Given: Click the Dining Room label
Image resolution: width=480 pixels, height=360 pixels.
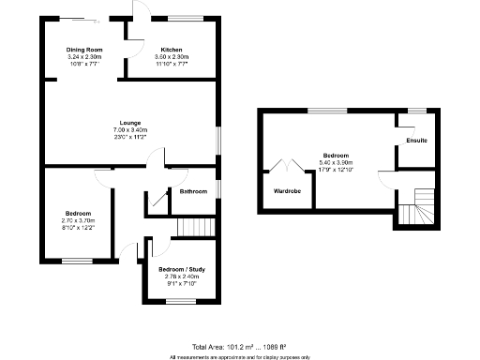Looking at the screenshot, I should [83, 49].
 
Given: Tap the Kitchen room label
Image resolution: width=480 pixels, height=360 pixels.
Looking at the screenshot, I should [171, 49].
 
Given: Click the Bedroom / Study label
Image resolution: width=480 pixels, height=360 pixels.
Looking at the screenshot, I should [181, 269].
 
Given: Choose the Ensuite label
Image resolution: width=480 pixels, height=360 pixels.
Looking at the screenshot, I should [417, 141].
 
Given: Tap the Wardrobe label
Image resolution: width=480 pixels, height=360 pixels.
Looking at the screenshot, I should [287, 190].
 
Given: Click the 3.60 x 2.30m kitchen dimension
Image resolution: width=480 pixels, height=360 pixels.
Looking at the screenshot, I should [171, 56].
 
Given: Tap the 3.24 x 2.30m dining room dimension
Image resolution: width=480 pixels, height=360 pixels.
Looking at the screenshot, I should [83, 56].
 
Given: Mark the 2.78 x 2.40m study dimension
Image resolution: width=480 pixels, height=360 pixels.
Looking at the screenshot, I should [181, 277].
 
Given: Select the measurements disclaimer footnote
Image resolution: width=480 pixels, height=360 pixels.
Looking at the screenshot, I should [239, 356].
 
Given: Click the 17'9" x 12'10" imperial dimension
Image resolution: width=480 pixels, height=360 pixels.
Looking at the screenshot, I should [336, 169].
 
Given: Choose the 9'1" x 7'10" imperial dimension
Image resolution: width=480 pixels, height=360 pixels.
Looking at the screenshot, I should [181, 283].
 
